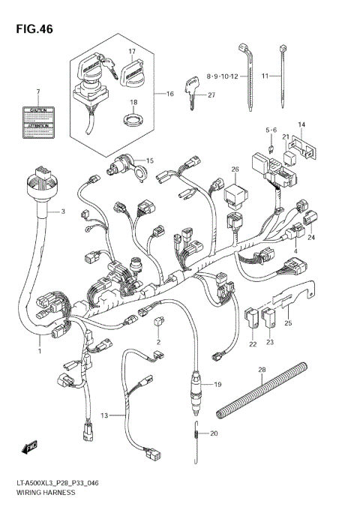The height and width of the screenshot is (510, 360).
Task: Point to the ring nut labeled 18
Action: coord(133,118)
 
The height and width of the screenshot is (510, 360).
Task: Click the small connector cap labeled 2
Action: coord(158,322)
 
